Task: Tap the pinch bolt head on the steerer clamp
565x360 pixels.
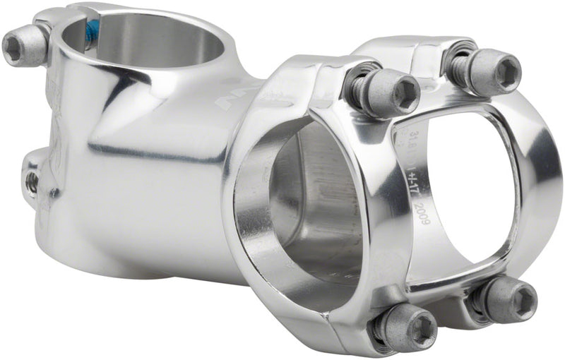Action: click(21, 47)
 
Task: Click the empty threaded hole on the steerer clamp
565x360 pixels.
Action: click(32, 181)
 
